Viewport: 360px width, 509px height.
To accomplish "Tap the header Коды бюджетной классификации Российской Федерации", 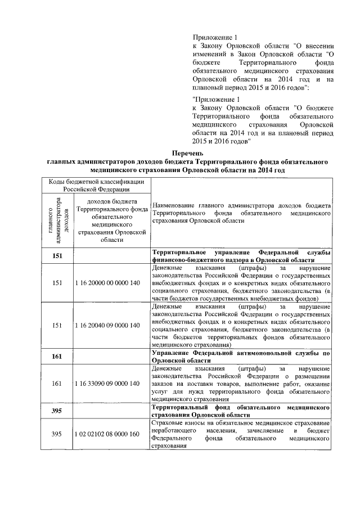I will [94, 185].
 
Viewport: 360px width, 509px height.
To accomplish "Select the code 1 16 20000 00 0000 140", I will [107, 283].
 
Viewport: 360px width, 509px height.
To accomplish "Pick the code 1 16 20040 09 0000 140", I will [107, 325].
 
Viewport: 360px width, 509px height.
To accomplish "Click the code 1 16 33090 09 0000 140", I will [107, 384].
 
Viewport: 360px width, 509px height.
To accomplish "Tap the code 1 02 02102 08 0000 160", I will [107, 434].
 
